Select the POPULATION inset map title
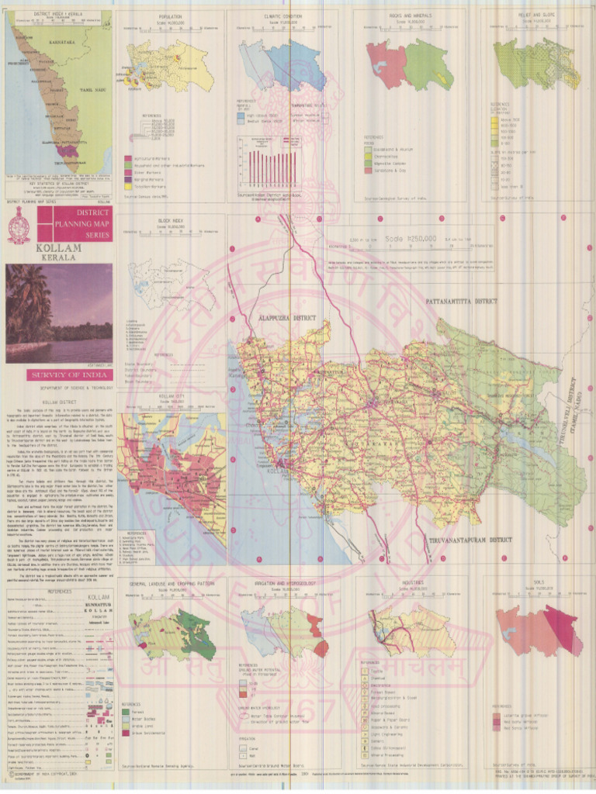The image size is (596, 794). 170,16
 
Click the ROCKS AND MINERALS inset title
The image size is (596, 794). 411,16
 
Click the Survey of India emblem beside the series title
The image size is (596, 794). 19,229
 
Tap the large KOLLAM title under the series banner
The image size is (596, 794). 33,249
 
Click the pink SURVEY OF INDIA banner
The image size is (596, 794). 59,375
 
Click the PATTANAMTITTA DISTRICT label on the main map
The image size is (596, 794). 461,300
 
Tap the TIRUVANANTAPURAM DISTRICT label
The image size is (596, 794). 470,539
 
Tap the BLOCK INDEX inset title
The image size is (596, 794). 169,221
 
